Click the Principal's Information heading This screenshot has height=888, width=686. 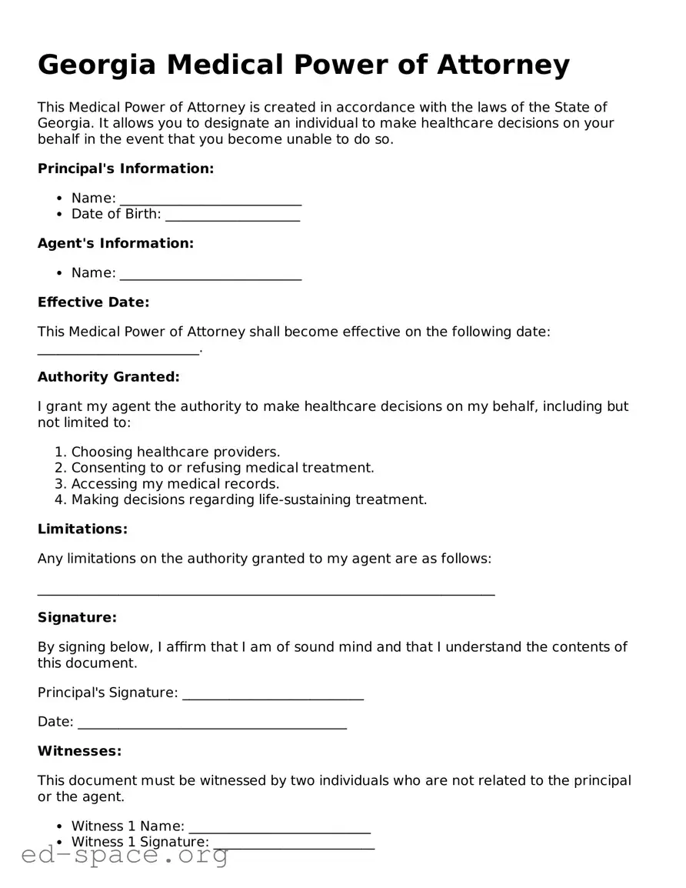125,169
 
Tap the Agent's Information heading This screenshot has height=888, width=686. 115,243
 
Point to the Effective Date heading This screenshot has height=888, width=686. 93,302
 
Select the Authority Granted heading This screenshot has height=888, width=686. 108,377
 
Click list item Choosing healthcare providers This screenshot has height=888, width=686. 175,452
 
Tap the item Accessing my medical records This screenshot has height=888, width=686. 175,484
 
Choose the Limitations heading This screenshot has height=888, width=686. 82,529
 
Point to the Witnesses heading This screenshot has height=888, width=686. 79,751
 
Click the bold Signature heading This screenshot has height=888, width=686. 77,617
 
